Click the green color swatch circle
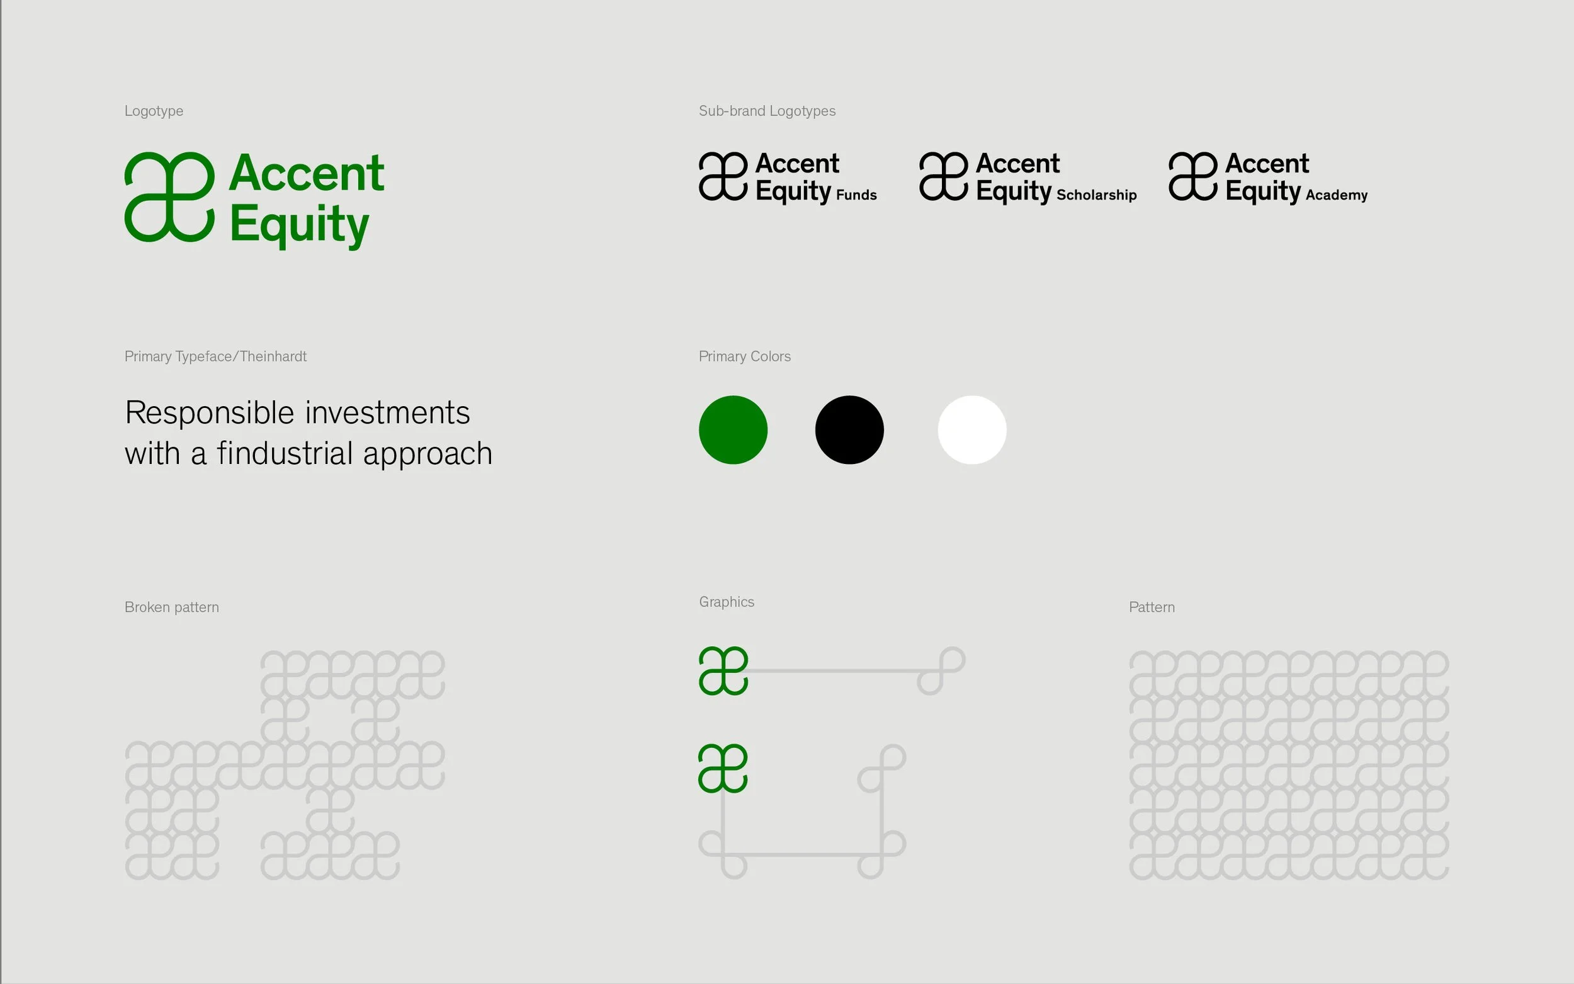point(733,429)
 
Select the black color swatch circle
point(849,429)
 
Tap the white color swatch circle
point(971,429)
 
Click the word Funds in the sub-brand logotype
point(856,195)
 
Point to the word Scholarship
point(1096,195)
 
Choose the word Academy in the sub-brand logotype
point(1337,195)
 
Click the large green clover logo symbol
point(169,196)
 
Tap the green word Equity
point(299,225)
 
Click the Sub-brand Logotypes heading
point(767,111)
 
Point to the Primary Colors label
point(744,356)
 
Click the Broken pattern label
point(172,607)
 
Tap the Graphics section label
point(726,602)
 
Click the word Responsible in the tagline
point(210,413)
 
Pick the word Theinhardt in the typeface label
point(273,356)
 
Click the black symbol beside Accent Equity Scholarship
point(944,176)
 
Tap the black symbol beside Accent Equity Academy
point(1192,176)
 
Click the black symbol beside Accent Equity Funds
point(723,176)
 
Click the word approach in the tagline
point(427,455)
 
